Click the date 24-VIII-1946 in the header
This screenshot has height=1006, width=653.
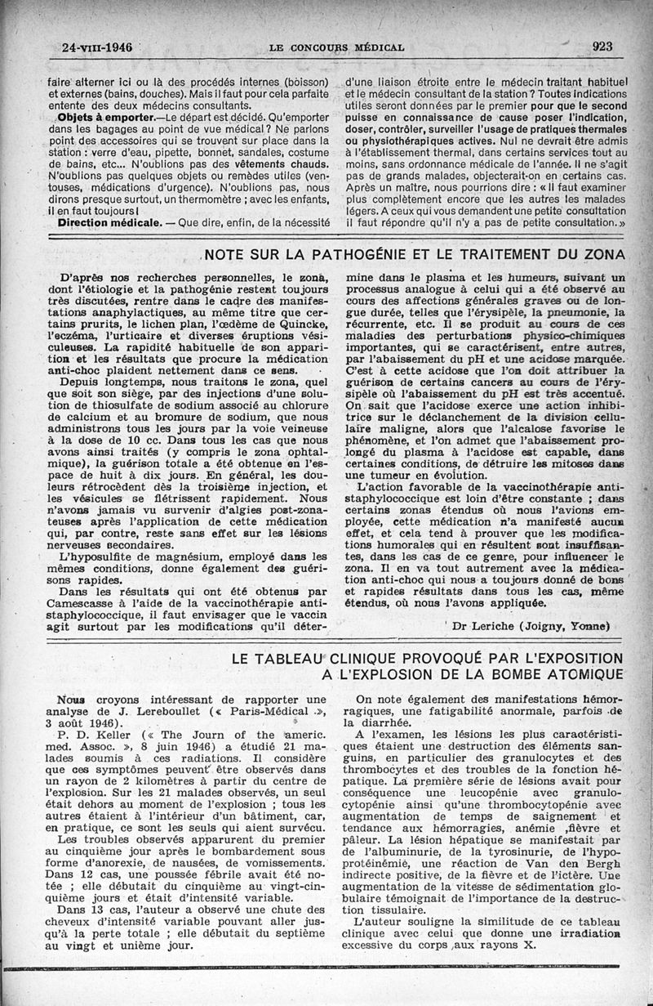click(97, 47)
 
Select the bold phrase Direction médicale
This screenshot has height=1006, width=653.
click(102, 222)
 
